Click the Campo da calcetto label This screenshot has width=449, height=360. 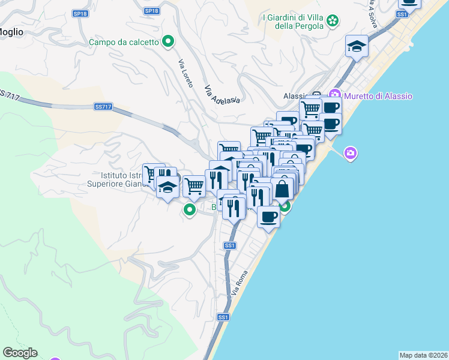tap(124, 42)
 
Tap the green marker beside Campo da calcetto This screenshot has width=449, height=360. tap(169, 42)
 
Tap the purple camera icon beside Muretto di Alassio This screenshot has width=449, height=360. tap(335, 96)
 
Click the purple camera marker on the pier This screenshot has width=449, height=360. tap(351, 154)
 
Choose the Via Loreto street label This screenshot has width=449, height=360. tap(185, 74)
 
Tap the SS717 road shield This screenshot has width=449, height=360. tap(103, 107)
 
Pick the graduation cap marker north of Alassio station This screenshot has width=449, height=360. tap(357, 46)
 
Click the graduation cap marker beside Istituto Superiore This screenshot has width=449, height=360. tap(167, 187)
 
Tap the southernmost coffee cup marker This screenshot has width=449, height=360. tap(268, 216)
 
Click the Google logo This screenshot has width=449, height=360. tap(20, 353)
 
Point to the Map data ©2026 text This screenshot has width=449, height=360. tap(424, 355)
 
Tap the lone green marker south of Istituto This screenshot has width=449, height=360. tap(190, 210)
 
